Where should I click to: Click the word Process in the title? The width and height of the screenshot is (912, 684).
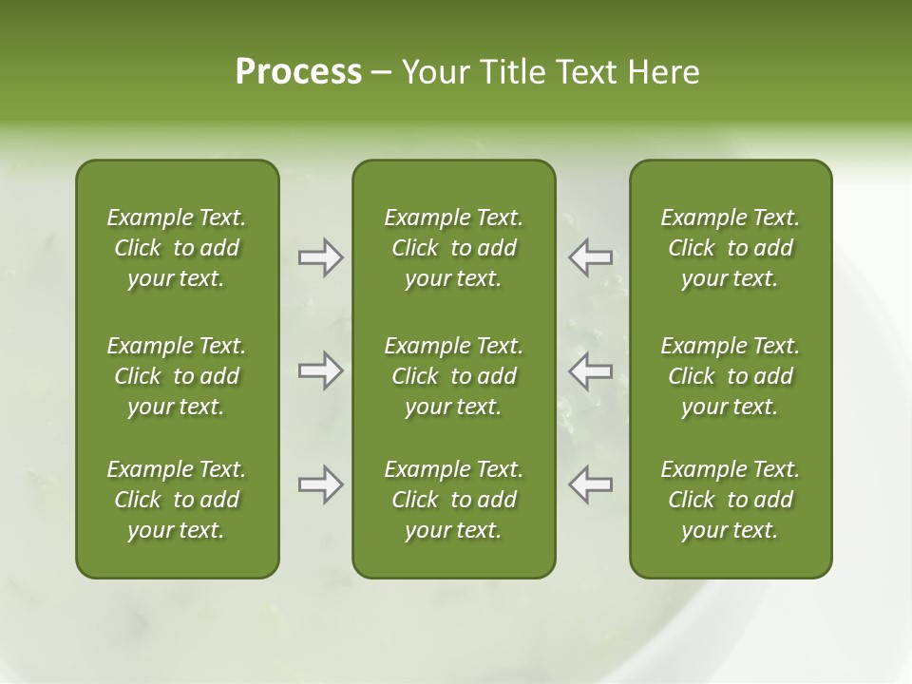pyautogui.click(x=298, y=72)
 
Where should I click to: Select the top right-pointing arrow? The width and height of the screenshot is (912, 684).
pyautogui.click(x=320, y=257)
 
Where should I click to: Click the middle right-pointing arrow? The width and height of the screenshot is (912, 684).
pyautogui.click(x=320, y=370)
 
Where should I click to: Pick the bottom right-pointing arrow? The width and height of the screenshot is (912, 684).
pyautogui.click(x=320, y=484)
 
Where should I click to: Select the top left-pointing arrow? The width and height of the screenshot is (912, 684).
pyautogui.click(x=591, y=257)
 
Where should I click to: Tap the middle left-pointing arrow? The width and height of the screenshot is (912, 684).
pyautogui.click(x=591, y=370)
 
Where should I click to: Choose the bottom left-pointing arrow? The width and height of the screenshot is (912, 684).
pyautogui.click(x=591, y=484)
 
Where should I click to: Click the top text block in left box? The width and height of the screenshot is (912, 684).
pyautogui.click(x=177, y=248)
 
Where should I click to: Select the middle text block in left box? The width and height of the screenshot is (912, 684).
pyautogui.click(x=177, y=376)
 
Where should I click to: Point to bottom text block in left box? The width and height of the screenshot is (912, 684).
pyautogui.click(x=177, y=500)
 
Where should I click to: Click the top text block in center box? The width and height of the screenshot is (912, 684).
pyautogui.click(x=454, y=248)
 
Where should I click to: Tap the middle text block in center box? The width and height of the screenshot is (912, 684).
pyautogui.click(x=454, y=376)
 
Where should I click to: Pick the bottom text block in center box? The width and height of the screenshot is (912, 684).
pyautogui.click(x=454, y=500)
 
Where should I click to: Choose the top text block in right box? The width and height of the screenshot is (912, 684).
pyautogui.click(x=731, y=248)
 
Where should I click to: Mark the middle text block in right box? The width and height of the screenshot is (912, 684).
pyautogui.click(x=731, y=376)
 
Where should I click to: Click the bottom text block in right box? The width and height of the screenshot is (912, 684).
pyautogui.click(x=731, y=500)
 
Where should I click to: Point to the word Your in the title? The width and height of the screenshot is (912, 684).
pyautogui.click(x=433, y=72)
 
